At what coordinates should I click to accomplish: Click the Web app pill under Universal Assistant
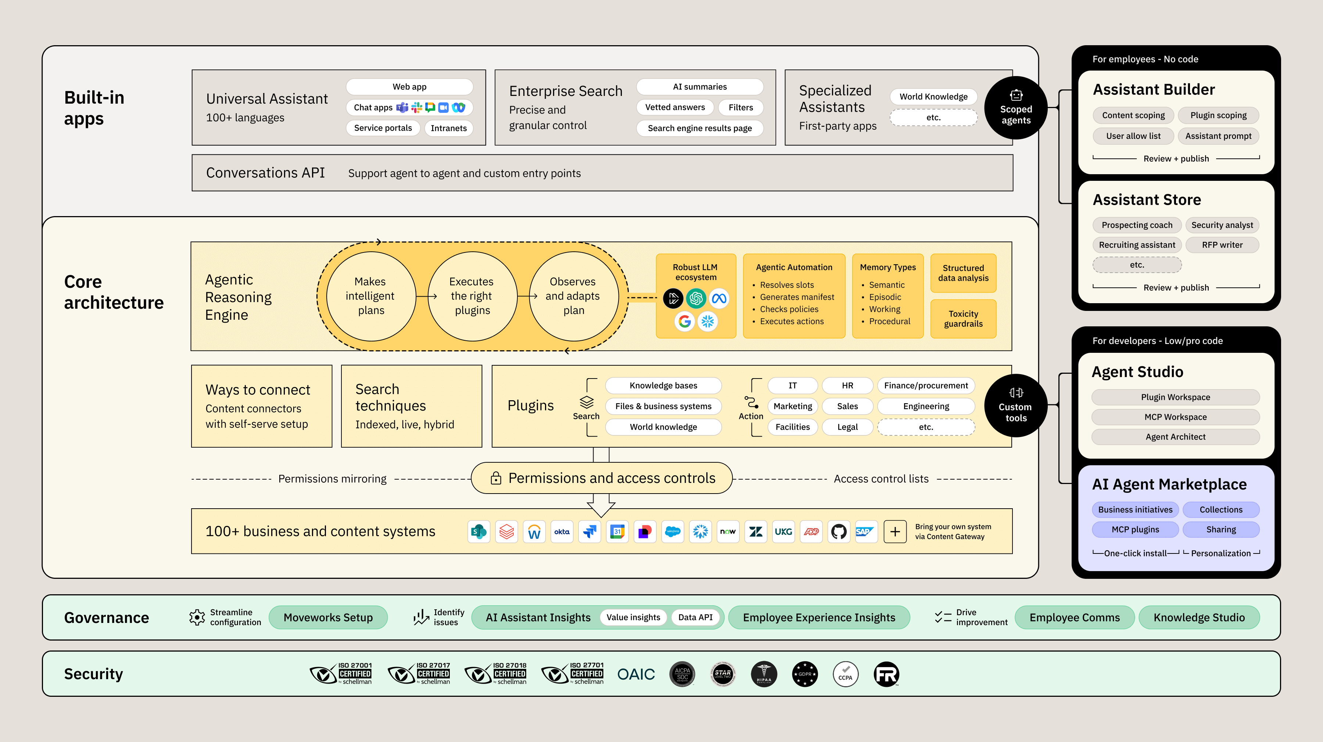coord(409,87)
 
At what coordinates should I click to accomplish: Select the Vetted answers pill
coord(674,107)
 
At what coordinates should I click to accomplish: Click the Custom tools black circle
coord(1015,406)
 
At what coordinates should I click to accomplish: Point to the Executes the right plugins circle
coord(472,296)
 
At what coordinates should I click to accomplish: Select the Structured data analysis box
coord(963,273)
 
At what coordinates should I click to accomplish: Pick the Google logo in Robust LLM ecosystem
coord(684,322)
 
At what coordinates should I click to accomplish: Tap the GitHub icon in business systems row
coord(839,531)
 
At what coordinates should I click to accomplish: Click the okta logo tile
coord(562,531)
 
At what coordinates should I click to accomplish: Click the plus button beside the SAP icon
coord(894,531)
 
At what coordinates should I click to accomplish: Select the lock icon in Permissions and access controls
coord(496,478)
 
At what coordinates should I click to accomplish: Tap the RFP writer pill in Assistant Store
coord(1222,245)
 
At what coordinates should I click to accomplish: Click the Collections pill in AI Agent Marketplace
coord(1221,509)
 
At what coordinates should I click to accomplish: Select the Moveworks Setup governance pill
coord(328,617)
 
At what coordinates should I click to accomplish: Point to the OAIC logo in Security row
coord(636,674)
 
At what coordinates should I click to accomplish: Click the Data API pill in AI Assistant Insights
coord(695,617)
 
